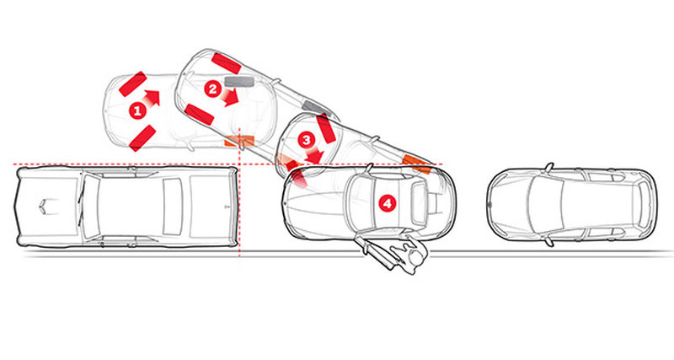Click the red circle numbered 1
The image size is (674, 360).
tap(137, 112)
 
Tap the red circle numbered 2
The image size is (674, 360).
tap(213, 89)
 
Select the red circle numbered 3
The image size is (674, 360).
tap(307, 140)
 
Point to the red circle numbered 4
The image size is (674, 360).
tap(388, 203)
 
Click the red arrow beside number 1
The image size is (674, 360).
tap(152, 99)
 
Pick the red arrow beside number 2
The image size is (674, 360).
tap(230, 98)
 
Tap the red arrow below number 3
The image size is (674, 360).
tap(314, 155)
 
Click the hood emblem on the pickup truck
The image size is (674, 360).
tap(51, 207)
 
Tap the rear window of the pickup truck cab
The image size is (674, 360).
tap(173, 206)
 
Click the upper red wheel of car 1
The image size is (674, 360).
tap(133, 83)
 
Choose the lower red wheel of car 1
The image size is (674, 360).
tap(142, 138)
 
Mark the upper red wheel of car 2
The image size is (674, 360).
tap(226, 63)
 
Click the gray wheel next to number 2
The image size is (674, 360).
tap(240, 81)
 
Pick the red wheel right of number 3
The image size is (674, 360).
tap(326, 130)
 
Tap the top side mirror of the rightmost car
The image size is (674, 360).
tap(548, 166)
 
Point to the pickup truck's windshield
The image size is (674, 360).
tap(90, 207)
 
